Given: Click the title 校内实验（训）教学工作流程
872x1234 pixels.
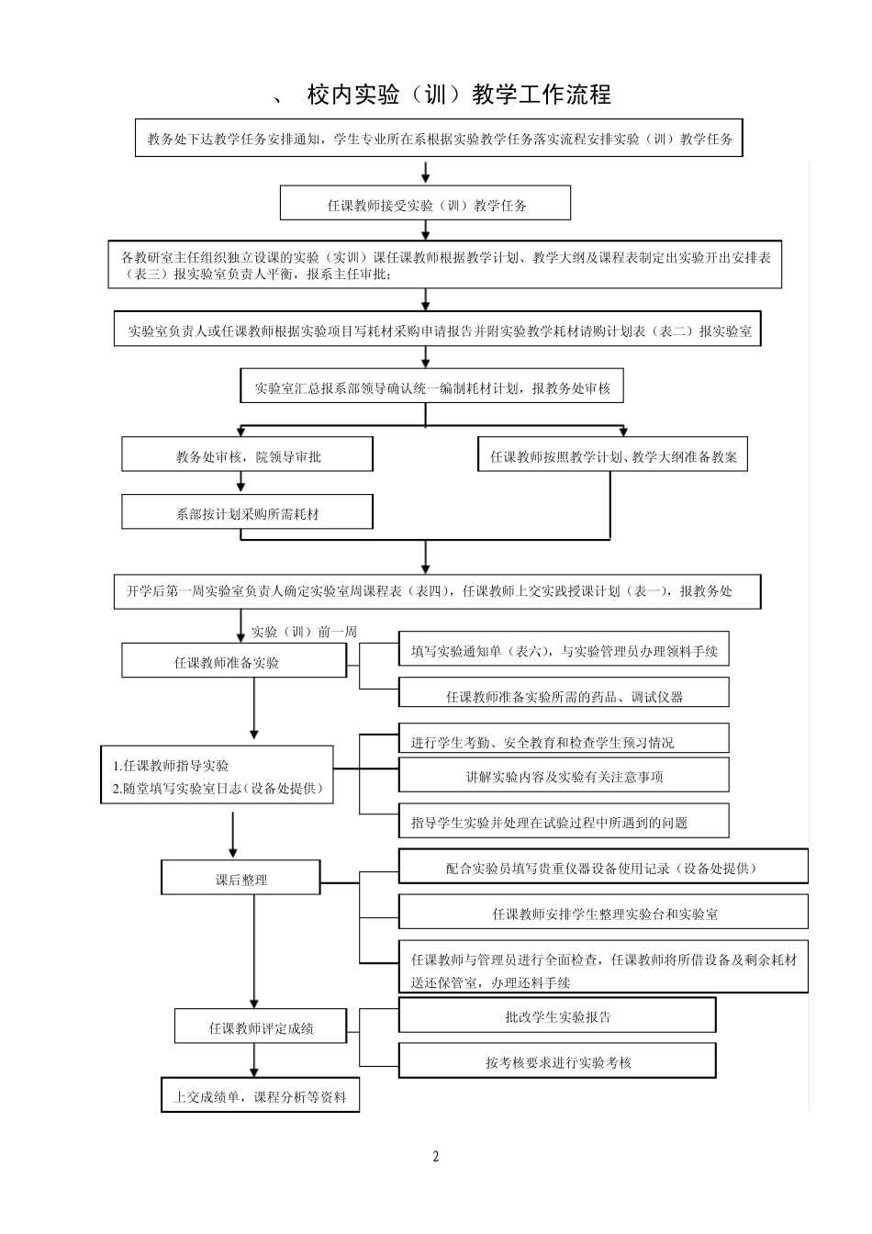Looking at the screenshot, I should [459, 95].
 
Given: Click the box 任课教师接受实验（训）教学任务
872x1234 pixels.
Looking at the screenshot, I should [425, 204].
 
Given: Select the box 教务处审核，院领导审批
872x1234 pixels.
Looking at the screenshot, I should [248, 455].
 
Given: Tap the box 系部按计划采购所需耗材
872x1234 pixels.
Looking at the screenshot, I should [248, 513].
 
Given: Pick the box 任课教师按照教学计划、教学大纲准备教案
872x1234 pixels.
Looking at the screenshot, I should [612, 455].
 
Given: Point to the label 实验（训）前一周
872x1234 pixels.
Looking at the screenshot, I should [304, 632].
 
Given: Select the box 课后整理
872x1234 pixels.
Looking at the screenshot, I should [241, 879].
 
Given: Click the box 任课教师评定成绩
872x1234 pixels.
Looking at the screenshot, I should [261, 1027].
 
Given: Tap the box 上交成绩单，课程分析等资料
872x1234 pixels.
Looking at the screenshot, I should [261, 1096].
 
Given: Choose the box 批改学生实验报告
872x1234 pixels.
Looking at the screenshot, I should [557, 1016].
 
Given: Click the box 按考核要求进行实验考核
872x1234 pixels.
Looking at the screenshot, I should [557, 1061].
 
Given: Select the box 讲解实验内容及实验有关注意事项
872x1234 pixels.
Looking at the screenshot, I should [564, 776].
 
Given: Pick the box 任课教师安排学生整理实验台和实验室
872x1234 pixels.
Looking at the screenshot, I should [603, 914].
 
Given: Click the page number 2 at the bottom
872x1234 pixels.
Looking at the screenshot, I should [436, 1156].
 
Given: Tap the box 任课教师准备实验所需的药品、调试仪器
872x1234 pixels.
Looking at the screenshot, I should [564, 695].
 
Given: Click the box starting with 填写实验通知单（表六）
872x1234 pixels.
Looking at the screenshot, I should [564, 651].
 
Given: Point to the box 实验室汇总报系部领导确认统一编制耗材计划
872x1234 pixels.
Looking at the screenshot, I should [431, 387].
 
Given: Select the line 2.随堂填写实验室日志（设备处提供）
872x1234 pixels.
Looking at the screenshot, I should [218, 788].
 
